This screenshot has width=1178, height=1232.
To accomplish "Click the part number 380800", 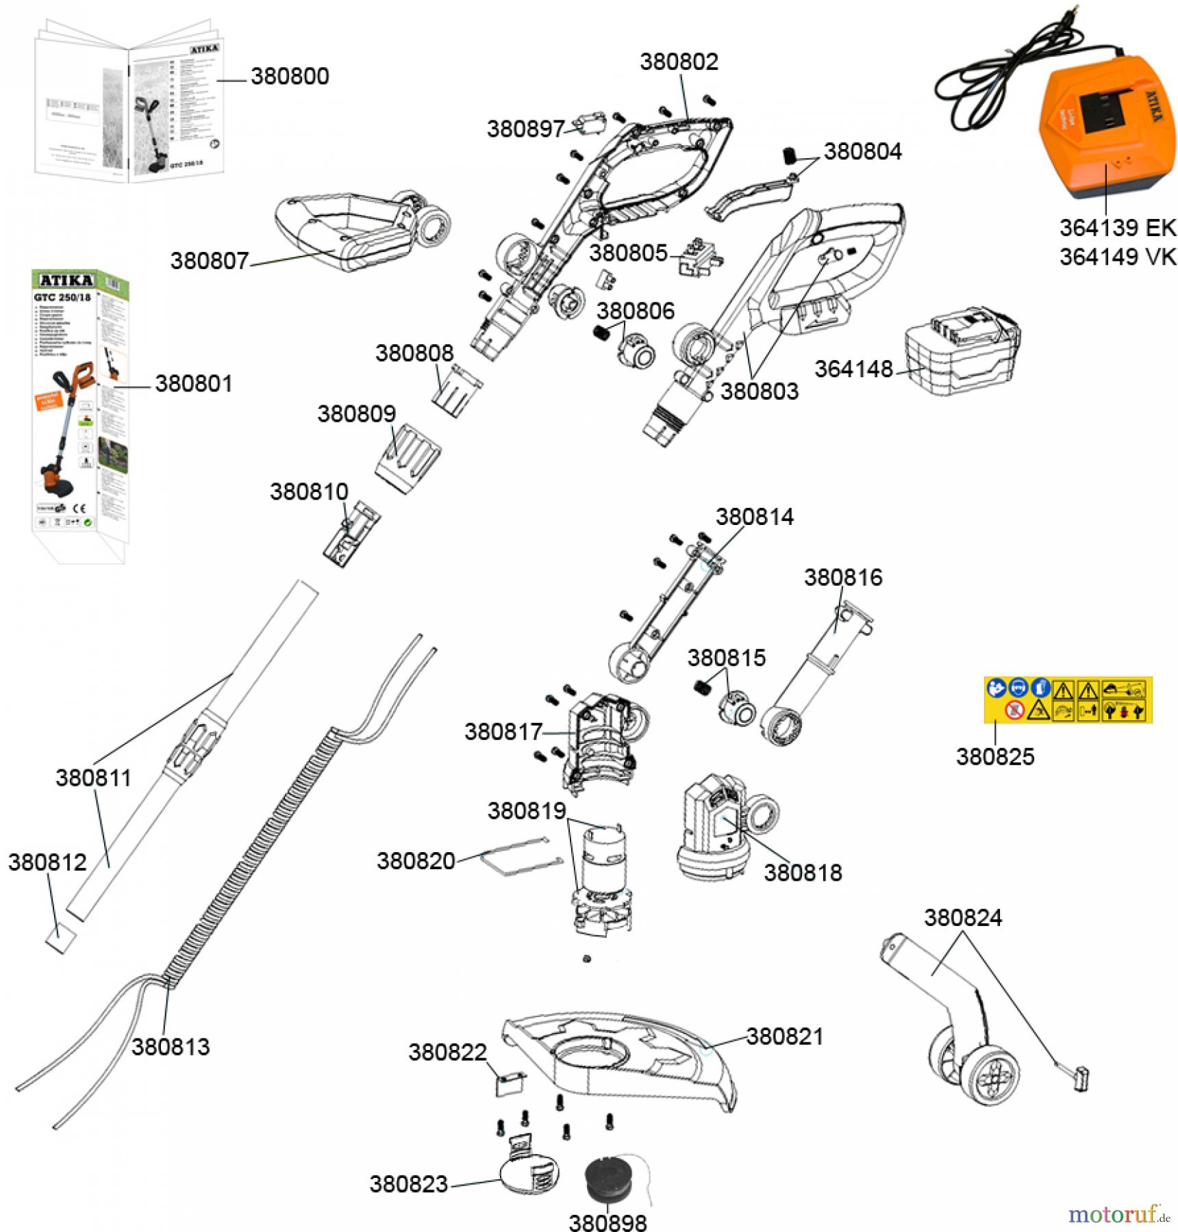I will point(290,76).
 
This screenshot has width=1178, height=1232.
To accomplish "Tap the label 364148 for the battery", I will point(853,369).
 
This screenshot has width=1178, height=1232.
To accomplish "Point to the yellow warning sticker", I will point(1068,700).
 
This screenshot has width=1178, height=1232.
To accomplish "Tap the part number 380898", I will point(608,1221).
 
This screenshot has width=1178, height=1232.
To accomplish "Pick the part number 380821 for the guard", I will point(785,1036).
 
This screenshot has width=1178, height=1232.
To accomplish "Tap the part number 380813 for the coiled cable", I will point(171,1047).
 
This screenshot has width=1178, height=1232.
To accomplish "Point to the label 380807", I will point(210,261).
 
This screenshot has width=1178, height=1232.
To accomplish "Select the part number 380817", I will point(503,732).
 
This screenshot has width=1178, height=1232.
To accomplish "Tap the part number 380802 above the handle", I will point(679,62).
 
